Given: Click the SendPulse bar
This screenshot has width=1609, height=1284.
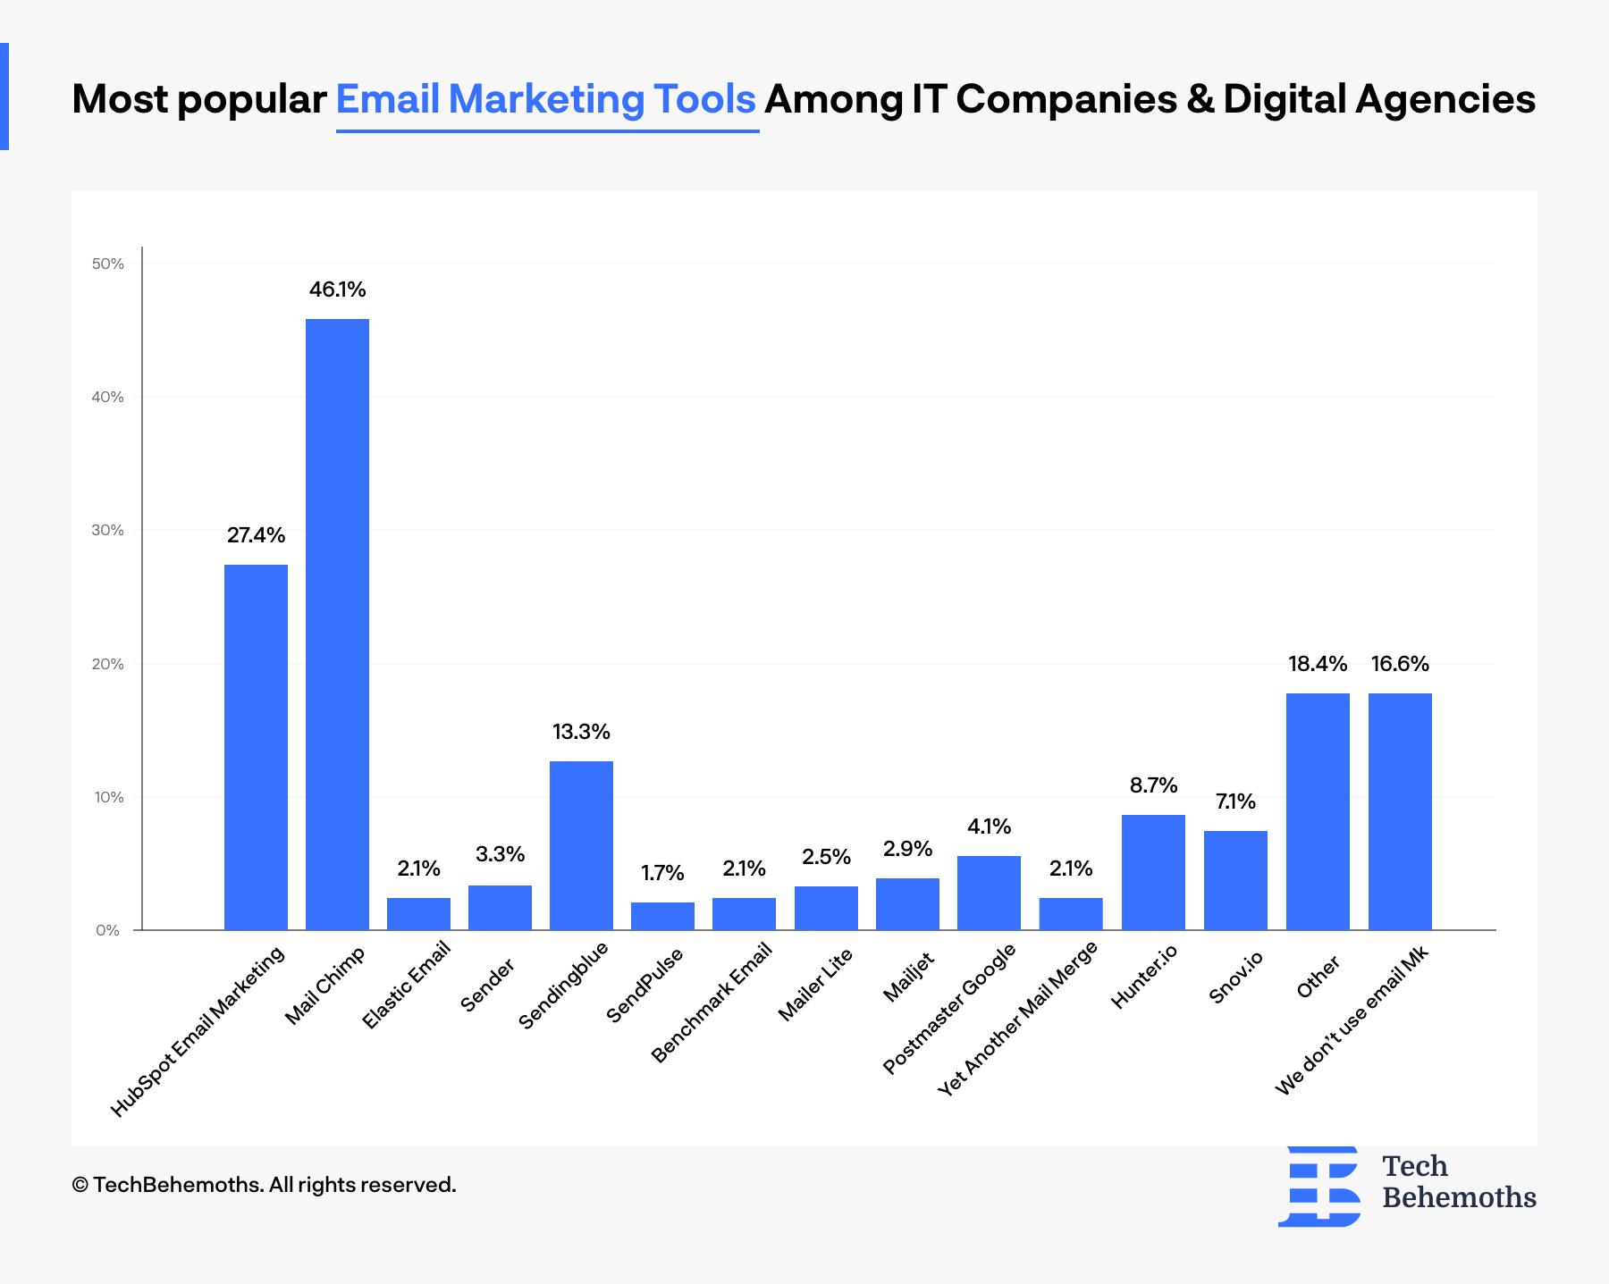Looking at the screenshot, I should click(662, 916).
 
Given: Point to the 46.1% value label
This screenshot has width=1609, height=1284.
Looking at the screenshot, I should click(338, 290).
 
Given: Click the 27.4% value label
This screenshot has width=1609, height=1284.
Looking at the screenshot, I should click(256, 535).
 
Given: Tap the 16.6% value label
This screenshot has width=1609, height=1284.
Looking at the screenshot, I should click(1400, 664).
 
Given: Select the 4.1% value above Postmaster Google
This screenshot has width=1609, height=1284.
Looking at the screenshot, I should click(989, 827).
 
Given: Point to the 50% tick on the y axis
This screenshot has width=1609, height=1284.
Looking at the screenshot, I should click(108, 264).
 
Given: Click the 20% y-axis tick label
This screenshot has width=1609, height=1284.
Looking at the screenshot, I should click(108, 664).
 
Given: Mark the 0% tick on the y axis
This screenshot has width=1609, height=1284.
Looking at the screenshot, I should click(108, 930).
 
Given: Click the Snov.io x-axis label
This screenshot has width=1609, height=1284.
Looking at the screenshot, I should click(1235, 978).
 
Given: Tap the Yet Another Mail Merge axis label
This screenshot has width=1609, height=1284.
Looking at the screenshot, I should click(1018, 1019).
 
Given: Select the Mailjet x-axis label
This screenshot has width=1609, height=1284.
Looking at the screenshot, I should click(908, 977).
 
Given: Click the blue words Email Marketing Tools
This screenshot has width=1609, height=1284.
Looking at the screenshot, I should click(546, 99).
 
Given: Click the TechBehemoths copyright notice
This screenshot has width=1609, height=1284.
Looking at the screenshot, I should click(264, 1185).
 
